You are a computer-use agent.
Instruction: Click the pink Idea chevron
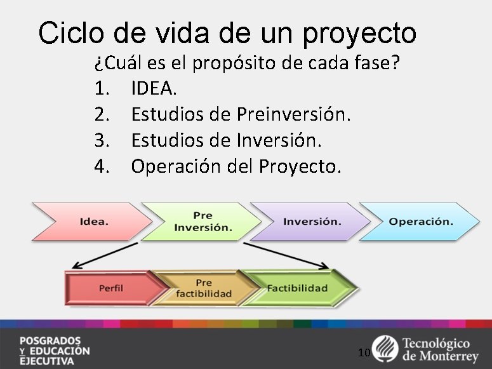92,222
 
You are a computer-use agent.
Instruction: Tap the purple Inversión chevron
311,222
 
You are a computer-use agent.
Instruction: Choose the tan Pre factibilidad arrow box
203,288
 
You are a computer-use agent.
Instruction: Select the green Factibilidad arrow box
296,288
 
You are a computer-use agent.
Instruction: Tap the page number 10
364,352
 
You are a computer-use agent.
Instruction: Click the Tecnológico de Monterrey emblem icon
384,348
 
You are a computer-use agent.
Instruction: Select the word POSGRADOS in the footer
50,340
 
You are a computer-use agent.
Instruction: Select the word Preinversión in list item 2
293,114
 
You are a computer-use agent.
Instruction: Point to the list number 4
102,166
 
